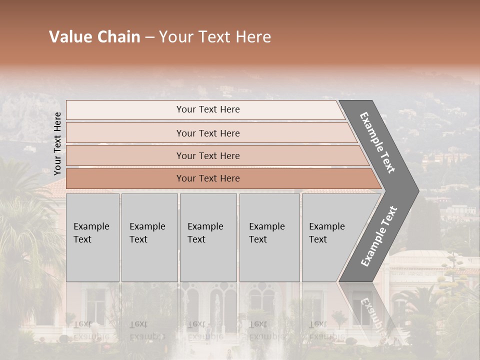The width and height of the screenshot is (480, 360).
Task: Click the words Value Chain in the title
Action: (x=94, y=37)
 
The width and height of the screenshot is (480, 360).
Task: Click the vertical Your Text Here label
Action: (x=57, y=143)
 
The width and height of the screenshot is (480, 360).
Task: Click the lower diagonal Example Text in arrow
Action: (x=379, y=236)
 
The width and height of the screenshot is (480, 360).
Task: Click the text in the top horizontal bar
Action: (x=208, y=109)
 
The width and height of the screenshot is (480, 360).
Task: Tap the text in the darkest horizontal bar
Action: (x=208, y=178)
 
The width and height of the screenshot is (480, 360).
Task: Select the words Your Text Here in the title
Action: (x=215, y=37)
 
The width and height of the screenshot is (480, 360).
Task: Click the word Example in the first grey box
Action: (x=91, y=226)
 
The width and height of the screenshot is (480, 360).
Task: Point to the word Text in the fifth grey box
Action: (x=318, y=239)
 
